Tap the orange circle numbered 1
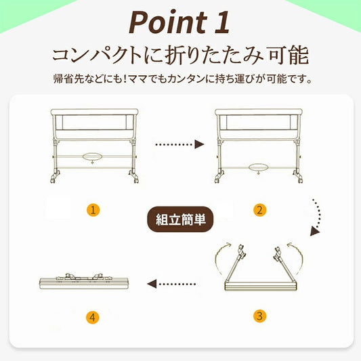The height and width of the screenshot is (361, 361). [93, 210]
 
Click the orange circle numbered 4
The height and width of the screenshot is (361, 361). [93, 316]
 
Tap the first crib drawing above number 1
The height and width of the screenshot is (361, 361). [94, 142]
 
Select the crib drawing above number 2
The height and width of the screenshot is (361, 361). [258, 142]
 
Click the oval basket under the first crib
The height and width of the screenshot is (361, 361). [93, 156]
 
